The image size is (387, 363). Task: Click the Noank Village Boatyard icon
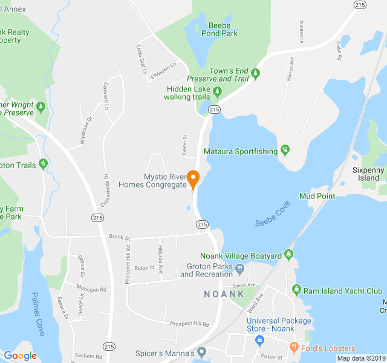289,255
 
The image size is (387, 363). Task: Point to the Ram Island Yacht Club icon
296,290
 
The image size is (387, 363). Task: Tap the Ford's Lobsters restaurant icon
294,348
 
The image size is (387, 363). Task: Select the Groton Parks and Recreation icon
239,269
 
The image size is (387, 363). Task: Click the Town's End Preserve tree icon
256,74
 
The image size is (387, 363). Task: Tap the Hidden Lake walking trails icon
218,93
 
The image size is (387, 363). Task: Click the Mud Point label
317,196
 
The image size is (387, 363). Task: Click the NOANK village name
224,294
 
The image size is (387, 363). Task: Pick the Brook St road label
120,238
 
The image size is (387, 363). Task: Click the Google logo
20,356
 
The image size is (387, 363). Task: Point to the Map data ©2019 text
361,358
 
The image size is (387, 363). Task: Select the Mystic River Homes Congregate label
164,181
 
